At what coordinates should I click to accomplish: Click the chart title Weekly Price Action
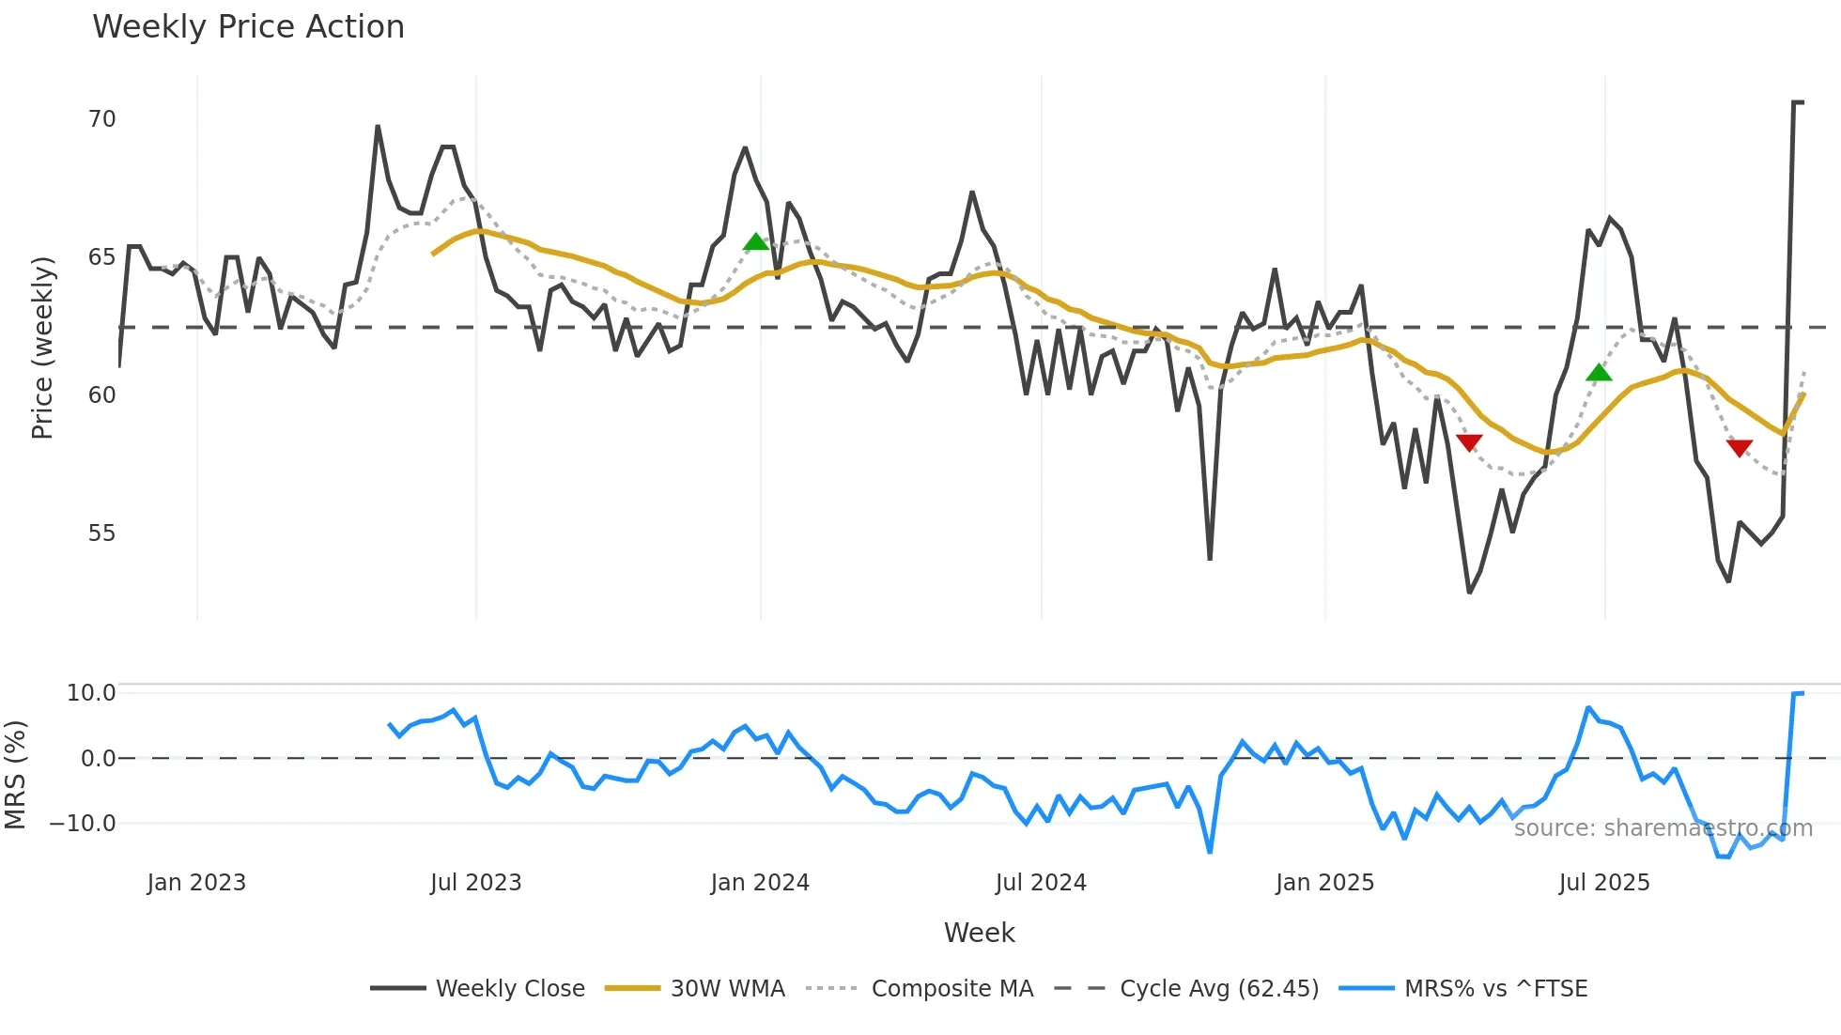(248, 27)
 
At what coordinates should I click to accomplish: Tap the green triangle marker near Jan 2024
(756, 242)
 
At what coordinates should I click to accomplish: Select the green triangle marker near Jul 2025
(1599, 373)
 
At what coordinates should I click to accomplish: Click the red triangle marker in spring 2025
(1469, 442)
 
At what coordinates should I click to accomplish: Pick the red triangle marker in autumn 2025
(1740, 448)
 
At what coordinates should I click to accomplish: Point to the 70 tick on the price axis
(101, 119)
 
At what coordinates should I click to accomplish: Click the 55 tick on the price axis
(101, 533)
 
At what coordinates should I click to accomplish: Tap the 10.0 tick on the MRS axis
(91, 693)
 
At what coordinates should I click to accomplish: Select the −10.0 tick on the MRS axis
(83, 824)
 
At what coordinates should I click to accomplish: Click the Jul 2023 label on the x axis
(475, 883)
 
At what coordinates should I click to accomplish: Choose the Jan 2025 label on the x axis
(1324, 883)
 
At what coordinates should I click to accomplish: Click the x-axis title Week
(979, 933)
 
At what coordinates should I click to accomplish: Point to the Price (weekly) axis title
(42, 348)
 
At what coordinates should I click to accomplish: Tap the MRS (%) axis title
(15, 775)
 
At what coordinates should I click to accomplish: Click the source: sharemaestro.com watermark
(1663, 828)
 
